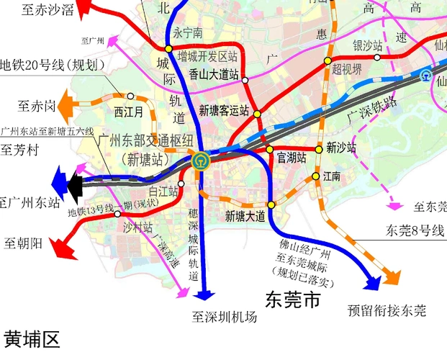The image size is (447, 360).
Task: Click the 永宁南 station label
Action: (x=187, y=33)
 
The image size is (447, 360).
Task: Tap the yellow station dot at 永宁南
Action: (x=168, y=48)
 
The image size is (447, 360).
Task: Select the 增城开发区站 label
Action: (x=207, y=55)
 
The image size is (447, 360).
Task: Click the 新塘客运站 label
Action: (x=224, y=111)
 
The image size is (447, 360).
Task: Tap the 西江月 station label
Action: (x=129, y=112)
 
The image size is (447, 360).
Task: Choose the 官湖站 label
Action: (x=292, y=157)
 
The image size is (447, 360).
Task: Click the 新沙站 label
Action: (x=341, y=148)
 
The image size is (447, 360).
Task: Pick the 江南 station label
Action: (x=332, y=176)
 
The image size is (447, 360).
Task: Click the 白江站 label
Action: (x=163, y=191)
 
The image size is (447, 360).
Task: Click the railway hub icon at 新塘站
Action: (x=200, y=161)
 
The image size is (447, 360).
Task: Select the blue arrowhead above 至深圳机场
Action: (x=205, y=293)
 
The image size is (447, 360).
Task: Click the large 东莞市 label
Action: (x=292, y=300)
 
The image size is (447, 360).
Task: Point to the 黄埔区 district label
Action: (x=32, y=339)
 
